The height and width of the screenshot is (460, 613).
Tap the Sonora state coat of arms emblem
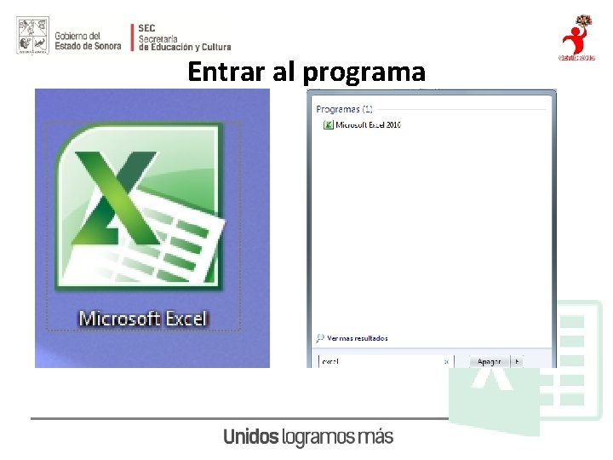(32, 36)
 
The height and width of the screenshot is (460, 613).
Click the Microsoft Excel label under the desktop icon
(143, 319)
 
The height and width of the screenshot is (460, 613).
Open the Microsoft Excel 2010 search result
(368, 125)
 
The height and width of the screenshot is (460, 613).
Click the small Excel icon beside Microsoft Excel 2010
(328, 125)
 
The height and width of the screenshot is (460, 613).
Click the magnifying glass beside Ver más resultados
(320, 338)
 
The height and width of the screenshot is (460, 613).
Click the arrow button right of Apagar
(519, 361)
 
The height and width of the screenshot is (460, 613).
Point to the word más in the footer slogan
(375, 437)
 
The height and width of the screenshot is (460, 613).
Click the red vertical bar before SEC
(132, 37)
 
